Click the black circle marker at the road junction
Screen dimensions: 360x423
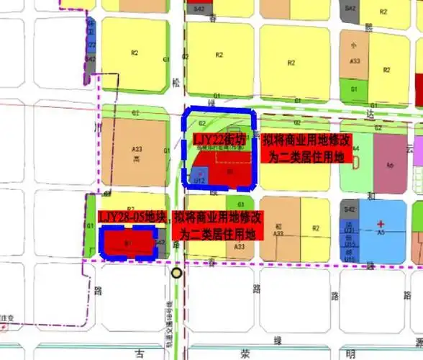click(x=177, y=273)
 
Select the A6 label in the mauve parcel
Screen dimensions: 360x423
click(x=391, y=166)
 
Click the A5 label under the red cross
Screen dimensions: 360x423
click(x=382, y=233)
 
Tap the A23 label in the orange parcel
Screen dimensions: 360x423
click(x=137, y=149)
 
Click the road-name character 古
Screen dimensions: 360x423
click(x=142, y=353)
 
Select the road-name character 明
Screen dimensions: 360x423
click(x=350, y=353)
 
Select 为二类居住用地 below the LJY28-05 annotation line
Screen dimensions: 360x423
click(x=217, y=234)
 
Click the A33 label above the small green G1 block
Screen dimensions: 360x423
click(x=354, y=61)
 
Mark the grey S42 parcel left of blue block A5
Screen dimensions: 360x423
click(x=350, y=209)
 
